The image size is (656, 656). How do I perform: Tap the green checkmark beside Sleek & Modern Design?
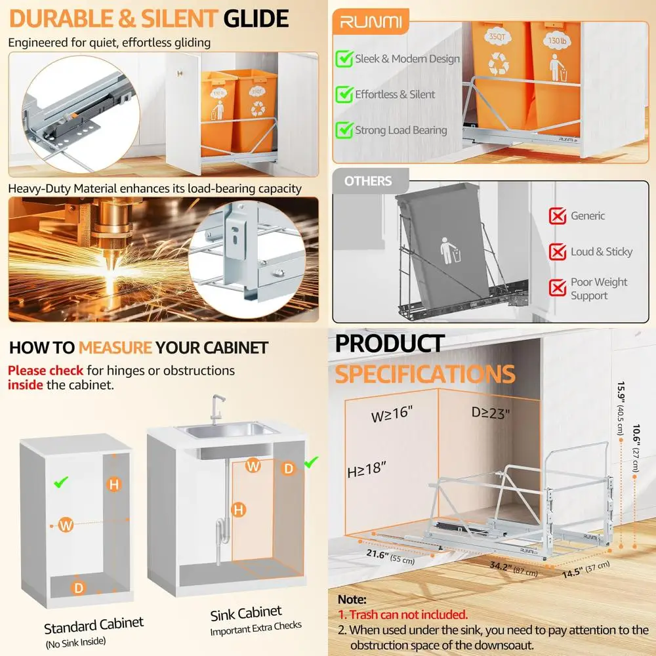point(344,59)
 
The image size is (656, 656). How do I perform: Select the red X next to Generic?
point(558,216)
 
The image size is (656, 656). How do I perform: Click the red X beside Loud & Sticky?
point(558,251)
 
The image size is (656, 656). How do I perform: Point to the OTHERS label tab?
point(368,181)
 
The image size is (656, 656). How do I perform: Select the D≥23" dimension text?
point(490,413)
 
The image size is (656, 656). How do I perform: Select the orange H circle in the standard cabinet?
point(115,485)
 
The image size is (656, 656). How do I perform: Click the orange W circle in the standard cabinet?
point(66,525)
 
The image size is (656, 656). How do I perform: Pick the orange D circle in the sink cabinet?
point(289,468)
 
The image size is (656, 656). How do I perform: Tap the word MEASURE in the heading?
point(115,347)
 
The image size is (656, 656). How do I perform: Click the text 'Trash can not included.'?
point(402,615)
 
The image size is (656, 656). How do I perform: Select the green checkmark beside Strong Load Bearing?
point(344,130)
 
